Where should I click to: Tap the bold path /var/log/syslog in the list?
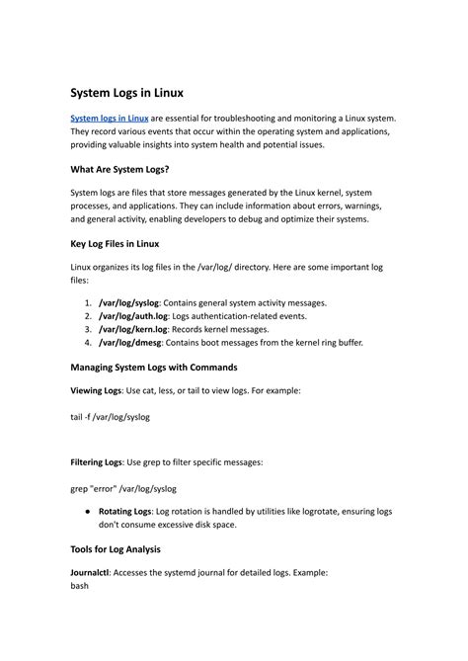131,302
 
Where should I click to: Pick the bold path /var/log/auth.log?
134,316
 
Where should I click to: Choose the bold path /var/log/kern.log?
135,329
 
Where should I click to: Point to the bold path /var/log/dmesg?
132,343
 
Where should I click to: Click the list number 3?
88,329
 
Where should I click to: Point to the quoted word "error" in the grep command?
104,487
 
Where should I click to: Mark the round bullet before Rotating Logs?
90,512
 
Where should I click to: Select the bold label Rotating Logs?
125,512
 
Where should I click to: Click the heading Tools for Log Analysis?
115,548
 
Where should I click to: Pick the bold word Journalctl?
91,572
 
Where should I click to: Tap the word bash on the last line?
80,586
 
